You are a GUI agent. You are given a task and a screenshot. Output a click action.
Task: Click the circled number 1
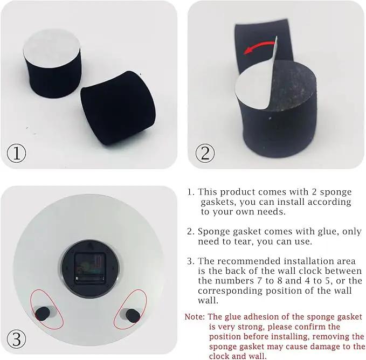[x=16, y=153]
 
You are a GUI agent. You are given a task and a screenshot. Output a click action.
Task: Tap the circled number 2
[x=205, y=153]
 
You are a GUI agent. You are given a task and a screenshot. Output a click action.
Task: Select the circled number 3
[x=16, y=339]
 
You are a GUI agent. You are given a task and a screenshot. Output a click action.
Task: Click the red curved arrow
[x=258, y=46]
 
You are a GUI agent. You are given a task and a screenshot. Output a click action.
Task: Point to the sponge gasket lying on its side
[x=118, y=108]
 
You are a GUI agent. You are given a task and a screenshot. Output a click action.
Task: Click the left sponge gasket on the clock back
[x=43, y=314]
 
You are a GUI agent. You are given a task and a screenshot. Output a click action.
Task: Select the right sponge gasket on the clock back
[x=133, y=316]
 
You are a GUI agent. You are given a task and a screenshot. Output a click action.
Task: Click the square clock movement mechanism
[x=90, y=268]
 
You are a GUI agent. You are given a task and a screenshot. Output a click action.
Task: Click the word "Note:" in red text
[x=195, y=317]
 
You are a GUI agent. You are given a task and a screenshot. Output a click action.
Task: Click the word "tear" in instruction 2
[x=244, y=241]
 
